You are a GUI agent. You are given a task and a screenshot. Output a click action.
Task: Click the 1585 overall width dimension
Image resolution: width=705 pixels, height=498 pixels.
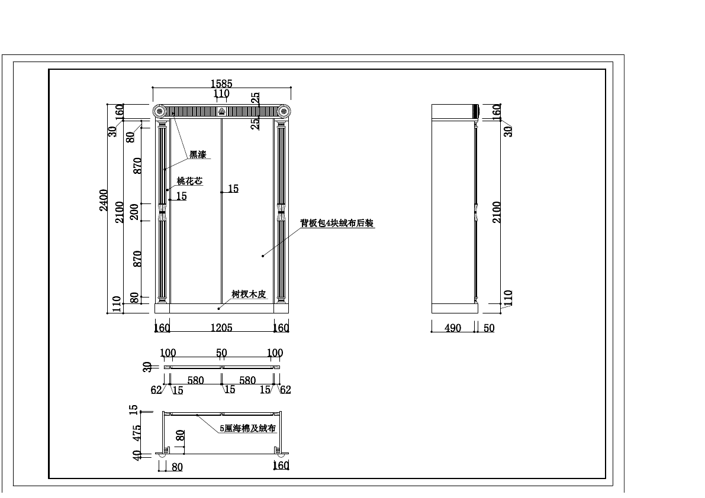coord(221,83)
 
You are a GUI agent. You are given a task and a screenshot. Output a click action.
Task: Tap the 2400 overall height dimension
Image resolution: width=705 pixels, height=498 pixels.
coord(104,201)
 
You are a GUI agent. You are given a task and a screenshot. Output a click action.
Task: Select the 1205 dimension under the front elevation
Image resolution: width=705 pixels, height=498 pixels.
coord(221,327)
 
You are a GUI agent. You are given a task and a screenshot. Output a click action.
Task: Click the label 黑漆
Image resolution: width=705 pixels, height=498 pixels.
coord(198,154)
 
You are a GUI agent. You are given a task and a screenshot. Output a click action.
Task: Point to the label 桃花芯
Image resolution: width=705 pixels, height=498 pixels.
coord(190,181)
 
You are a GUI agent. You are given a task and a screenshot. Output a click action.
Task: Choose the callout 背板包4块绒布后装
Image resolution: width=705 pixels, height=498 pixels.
coord(337,223)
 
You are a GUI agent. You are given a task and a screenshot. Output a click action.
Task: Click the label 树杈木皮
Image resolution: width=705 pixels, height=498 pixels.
coord(249,294)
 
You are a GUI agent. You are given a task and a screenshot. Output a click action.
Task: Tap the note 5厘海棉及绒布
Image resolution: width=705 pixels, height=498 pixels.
coord(248,428)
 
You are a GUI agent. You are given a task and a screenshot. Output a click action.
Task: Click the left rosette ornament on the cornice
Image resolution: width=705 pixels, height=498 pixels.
coord(159,111)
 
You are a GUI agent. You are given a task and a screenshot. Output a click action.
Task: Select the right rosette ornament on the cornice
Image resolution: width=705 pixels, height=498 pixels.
coord(284,111)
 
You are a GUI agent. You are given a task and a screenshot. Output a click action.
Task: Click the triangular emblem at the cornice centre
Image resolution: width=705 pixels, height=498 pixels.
coord(221,111)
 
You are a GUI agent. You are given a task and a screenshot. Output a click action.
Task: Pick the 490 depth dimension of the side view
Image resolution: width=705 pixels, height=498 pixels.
coord(453,328)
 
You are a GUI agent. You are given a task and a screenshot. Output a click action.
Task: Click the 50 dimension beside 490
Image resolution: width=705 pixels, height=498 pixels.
coord(489,328)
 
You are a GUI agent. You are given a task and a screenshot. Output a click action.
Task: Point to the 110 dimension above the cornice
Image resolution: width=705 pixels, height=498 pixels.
coord(221,93)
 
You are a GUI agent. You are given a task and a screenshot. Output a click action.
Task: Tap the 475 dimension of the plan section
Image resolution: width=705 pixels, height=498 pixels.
coord(137,432)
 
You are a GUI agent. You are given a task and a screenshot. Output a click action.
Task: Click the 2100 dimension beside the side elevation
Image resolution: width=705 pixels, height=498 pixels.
coord(497,212)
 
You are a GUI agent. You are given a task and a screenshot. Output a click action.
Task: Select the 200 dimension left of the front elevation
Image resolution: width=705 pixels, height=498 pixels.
coord(134,212)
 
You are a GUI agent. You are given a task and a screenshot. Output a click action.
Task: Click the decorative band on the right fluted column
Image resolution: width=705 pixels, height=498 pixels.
coord(281,212)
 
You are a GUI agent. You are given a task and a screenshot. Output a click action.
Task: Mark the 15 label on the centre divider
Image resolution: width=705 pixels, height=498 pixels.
coord(233,189)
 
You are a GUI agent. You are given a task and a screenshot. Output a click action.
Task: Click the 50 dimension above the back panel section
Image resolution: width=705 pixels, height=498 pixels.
coord(221,353)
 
